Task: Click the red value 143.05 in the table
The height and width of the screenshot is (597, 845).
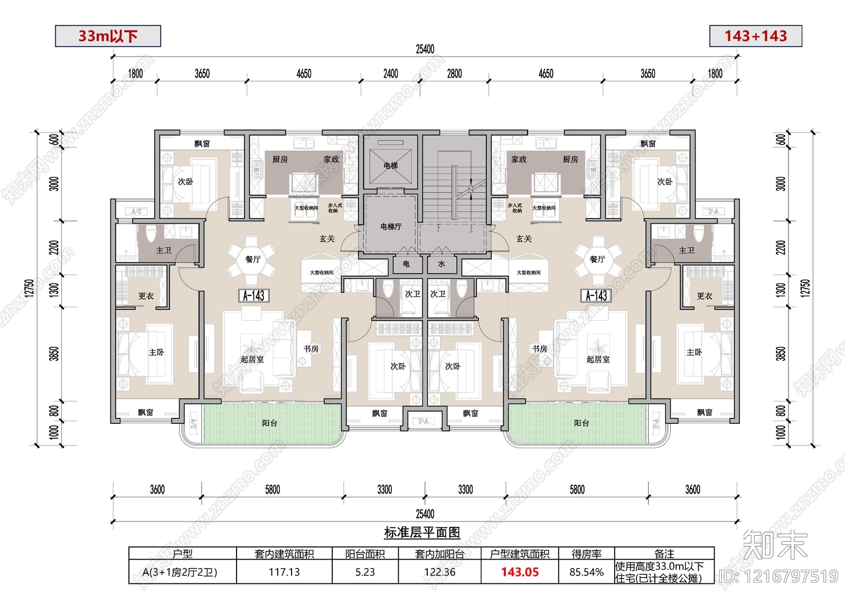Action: [x=520, y=572]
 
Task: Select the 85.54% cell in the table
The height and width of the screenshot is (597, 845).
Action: [x=586, y=572]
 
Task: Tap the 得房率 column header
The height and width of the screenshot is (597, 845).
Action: [x=586, y=554]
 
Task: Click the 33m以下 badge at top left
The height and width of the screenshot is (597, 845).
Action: [x=108, y=36]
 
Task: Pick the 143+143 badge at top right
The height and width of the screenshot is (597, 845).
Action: [x=755, y=36]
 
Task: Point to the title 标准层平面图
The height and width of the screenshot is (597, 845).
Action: [x=422, y=533]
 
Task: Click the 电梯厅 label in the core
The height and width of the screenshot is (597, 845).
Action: [x=391, y=226]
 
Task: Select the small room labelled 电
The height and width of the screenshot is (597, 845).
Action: [x=406, y=264]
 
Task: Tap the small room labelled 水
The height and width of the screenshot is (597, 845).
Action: [x=442, y=264]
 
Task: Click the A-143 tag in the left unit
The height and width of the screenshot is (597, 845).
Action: [x=253, y=296]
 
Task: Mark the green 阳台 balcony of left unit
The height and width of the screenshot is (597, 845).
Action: [x=269, y=423]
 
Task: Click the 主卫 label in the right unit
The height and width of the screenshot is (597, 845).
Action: [x=687, y=250]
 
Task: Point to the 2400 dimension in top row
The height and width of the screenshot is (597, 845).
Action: [x=390, y=74]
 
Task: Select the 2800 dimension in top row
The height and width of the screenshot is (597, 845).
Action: [x=454, y=74]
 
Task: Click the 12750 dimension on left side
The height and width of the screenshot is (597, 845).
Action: [x=30, y=288]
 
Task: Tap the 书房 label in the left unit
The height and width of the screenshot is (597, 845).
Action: [x=311, y=349]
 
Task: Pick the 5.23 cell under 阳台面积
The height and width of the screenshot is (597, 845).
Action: [x=365, y=572]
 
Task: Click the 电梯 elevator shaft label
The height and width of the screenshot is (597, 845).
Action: [x=390, y=166]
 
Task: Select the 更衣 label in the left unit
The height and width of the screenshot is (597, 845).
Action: [x=146, y=296]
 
